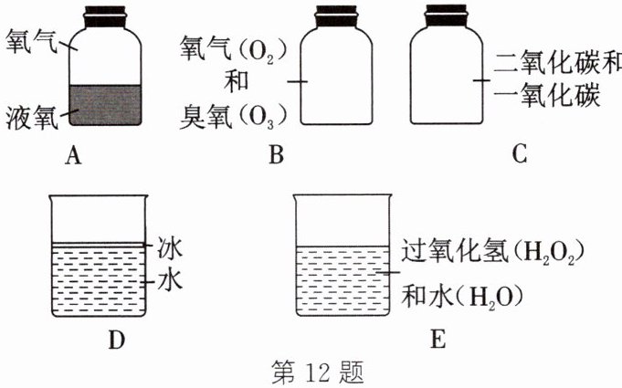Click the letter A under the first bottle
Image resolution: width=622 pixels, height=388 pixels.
[75, 156]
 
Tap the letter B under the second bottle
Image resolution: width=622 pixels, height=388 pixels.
[275, 156]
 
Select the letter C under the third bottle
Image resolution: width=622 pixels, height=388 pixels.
[520, 156]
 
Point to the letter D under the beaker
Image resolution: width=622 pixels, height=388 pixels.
[115, 341]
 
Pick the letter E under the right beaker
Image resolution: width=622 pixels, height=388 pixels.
[438, 341]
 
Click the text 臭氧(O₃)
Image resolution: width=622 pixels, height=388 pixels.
[234, 116]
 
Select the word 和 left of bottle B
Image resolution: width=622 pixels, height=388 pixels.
[235, 83]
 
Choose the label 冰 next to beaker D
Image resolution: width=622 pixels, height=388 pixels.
[171, 247]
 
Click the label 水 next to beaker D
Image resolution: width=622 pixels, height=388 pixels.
[171, 279]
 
